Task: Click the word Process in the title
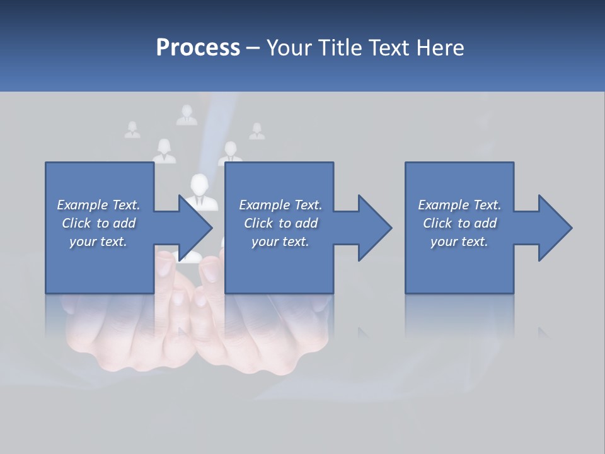[198, 48]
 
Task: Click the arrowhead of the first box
[195, 228]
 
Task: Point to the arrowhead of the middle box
[375, 228]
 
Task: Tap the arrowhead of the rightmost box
[555, 228]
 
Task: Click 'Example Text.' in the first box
[98, 205]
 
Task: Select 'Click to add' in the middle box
[280, 223]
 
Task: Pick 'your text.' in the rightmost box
[459, 242]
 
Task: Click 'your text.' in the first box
[98, 242]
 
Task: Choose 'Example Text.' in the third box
[459, 205]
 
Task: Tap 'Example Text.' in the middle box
[280, 205]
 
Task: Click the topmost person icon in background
[187, 115]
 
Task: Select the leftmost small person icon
[132, 130]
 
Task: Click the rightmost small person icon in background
[256, 131]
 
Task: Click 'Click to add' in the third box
[459, 223]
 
